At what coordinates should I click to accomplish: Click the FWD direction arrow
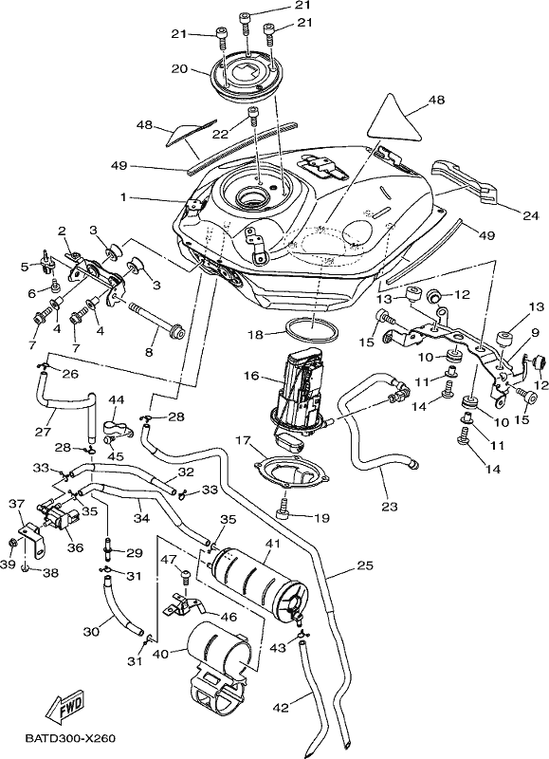pos(65,704)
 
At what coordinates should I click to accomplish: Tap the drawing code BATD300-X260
pos(70,739)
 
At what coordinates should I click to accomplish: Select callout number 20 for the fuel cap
pos(179,69)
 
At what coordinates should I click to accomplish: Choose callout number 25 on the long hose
pos(366,565)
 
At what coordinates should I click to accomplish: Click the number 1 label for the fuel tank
pos(123,197)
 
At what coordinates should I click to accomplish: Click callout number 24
pos(531,216)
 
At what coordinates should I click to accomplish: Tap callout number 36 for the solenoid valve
pos(76,547)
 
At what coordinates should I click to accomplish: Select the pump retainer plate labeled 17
pos(292,470)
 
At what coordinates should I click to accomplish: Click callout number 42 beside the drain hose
pos(281,708)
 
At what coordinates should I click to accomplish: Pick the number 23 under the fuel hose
pos(390,507)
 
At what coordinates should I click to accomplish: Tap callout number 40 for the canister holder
pos(161,654)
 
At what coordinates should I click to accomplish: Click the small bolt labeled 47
pos(186,577)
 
